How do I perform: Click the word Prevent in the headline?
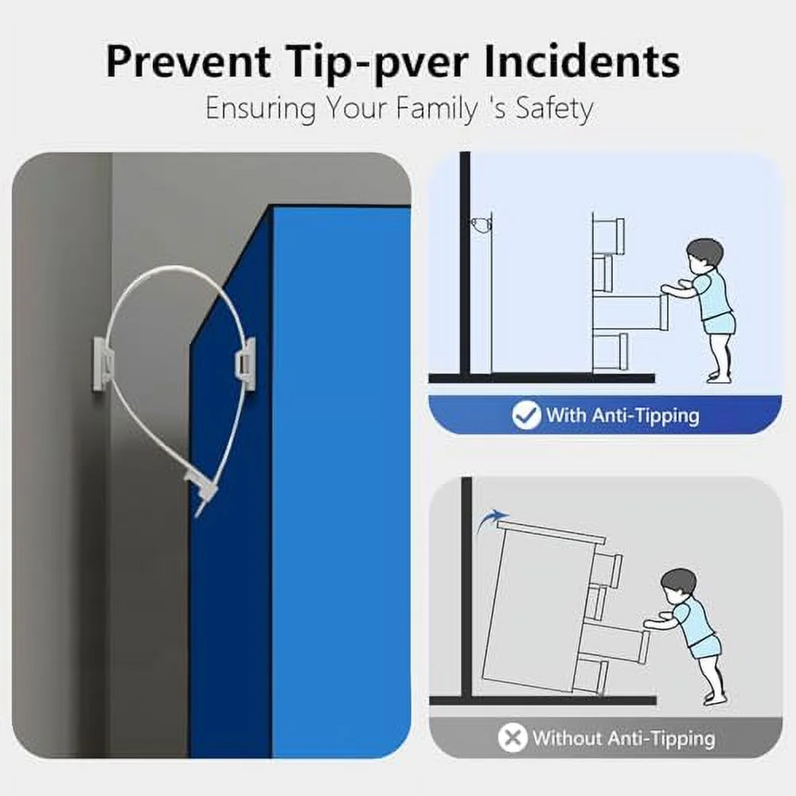coord(188,61)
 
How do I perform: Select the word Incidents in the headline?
coord(581,61)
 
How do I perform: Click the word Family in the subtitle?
coord(436,108)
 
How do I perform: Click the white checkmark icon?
coord(526,415)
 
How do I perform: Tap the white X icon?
coord(512,737)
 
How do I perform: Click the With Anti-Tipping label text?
coord(623,416)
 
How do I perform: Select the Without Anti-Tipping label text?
coord(624,738)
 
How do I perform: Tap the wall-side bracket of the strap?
coord(103,363)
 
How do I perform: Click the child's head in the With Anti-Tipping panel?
coord(704,253)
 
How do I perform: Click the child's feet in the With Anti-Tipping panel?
coord(720,377)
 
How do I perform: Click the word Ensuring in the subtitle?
coord(260,108)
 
